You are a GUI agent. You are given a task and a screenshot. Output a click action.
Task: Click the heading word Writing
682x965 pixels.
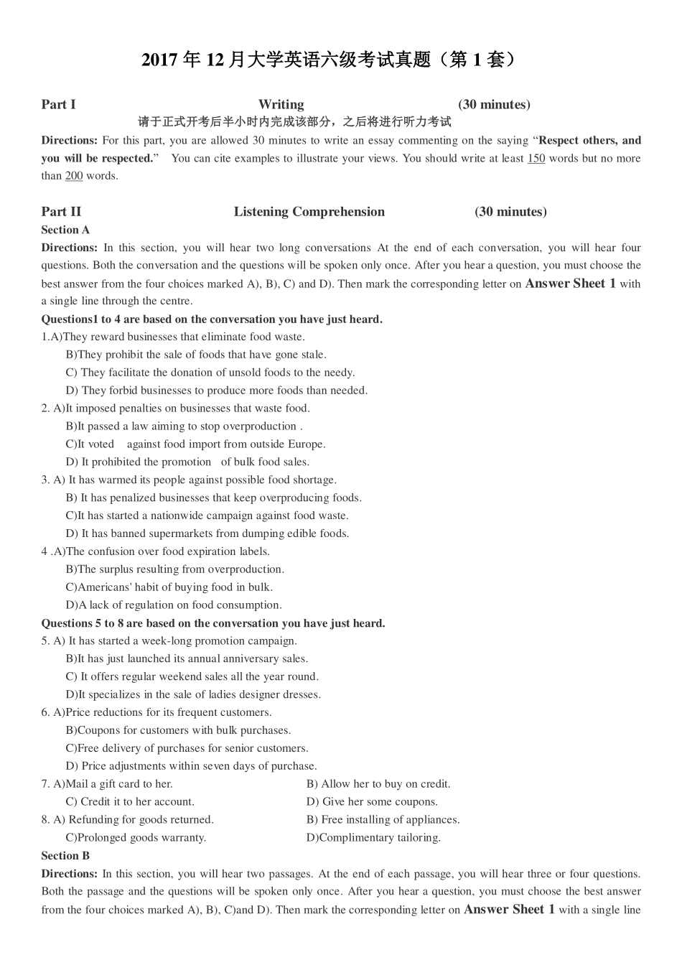tap(281, 105)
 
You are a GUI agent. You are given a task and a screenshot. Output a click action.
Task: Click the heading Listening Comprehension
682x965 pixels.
tap(309, 212)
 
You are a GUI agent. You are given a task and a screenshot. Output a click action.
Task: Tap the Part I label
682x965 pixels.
tap(58, 105)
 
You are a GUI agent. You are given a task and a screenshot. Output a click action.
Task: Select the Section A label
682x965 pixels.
tap(65, 230)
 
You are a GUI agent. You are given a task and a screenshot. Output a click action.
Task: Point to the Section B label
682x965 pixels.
tap(65, 856)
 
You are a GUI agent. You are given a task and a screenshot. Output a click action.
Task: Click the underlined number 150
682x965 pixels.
tap(536, 159)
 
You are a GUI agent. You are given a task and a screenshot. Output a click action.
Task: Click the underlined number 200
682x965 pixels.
tap(74, 176)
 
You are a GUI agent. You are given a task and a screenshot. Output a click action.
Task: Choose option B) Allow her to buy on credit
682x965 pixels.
tap(378, 784)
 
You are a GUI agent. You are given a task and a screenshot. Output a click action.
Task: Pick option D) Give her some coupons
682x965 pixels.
tap(372, 802)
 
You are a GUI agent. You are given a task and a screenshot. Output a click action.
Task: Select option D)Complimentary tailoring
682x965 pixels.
tap(373, 838)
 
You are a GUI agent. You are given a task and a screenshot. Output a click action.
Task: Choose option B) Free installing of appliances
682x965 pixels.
tap(383, 820)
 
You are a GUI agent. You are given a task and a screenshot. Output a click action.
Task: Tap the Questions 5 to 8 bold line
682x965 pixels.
tap(213, 623)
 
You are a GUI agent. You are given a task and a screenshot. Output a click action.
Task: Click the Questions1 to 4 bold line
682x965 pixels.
tap(212, 320)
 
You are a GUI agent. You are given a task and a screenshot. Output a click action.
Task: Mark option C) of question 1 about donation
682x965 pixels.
tap(210, 373)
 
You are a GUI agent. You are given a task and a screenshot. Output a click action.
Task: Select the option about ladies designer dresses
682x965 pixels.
tap(193, 694)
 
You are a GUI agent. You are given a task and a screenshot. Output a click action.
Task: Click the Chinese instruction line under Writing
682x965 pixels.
tap(294, 122)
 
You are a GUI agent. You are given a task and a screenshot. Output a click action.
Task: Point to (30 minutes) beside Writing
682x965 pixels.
tap(494, 105)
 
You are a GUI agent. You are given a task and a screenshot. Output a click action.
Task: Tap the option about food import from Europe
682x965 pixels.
tap(195, 444)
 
